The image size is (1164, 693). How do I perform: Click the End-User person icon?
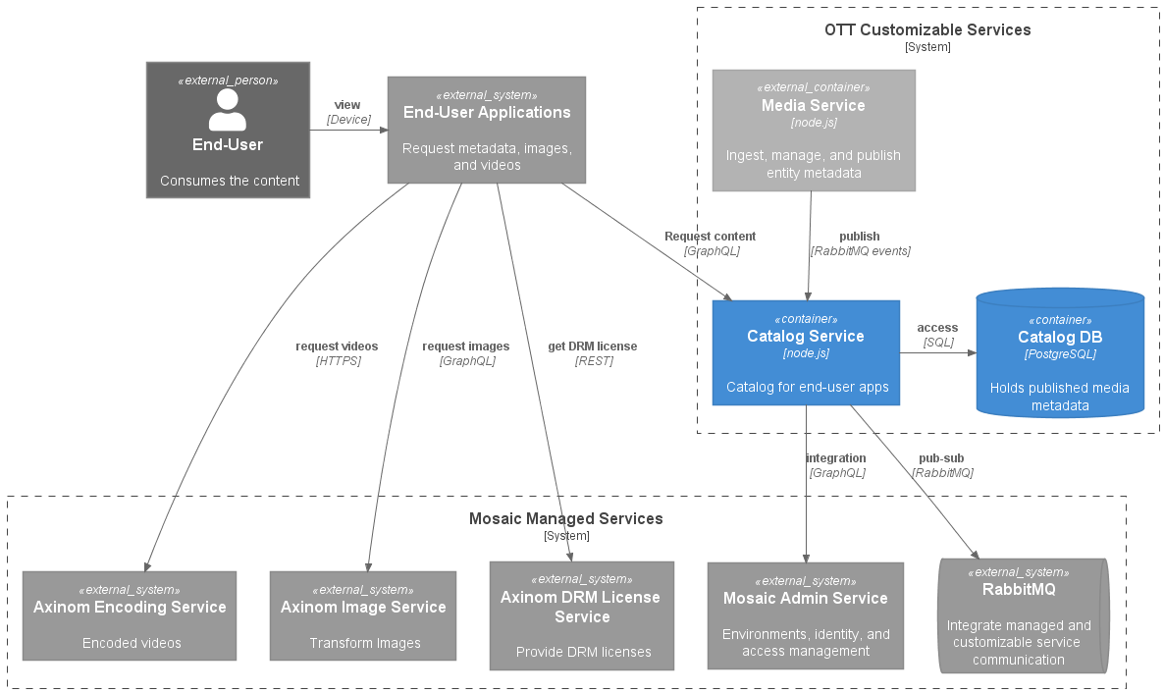[x=228, y=110]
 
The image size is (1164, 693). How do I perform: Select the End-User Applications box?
[x=487, y=130]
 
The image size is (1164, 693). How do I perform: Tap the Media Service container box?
[x=813, y=130]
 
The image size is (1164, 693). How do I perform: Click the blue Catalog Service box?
[x=806, y=352]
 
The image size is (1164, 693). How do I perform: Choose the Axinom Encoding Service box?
[x=130, y=615]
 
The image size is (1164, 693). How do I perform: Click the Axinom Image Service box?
[x=363, y=615]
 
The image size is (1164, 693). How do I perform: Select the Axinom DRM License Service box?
[x=582, y=615]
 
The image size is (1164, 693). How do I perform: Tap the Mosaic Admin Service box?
[x=805, y=615]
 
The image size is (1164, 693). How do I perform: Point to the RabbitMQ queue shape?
[x=1021, y=615]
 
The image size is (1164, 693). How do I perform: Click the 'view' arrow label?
[x=347, y=105]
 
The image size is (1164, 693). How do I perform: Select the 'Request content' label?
[x=710, y=237]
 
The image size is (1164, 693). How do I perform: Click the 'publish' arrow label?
[x=859, y=237]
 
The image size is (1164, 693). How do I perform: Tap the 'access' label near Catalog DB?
[x=937, y=328]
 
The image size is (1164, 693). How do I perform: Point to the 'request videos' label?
[x=337, y=346]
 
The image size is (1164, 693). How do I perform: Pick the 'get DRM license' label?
[x=592, y=346]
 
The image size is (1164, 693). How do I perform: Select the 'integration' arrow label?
[x=836, y=458]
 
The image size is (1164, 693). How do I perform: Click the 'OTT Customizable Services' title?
[x=927, y=30]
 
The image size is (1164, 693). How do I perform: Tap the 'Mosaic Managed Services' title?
[x=566, y=519]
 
